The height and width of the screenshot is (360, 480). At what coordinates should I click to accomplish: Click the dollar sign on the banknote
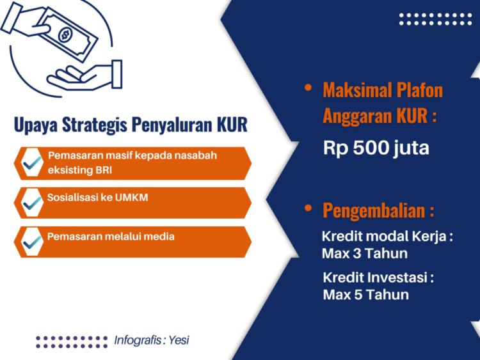[x=65, y=35]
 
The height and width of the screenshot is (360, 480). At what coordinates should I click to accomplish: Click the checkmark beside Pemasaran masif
[x=32, y=163]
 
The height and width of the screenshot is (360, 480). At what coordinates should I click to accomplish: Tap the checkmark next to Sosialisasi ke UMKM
[x=32, y=203]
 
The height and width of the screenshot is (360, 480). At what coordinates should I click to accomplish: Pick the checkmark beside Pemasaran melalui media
[x=32, y=242]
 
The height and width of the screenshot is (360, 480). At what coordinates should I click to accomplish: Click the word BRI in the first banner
[x=104, y=169]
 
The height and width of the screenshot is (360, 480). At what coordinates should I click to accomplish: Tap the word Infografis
[x=138, y=340]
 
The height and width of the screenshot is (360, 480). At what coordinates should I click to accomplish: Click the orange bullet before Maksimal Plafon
[x=308, y=88]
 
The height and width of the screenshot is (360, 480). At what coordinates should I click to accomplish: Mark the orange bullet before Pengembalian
[x=308, y=208]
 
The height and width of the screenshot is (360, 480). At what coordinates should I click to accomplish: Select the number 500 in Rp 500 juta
[x=371, y=148]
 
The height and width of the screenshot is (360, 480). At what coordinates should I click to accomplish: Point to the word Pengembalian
[x=374, y=211]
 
